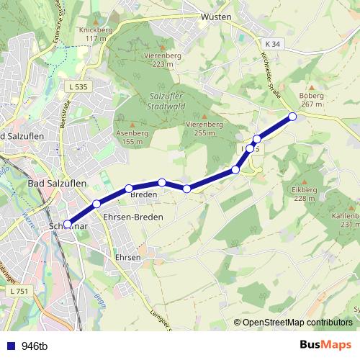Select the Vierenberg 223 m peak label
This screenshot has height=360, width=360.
coord(163,60)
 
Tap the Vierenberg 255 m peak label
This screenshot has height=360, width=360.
coord(204,128)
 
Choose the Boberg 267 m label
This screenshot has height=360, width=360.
coord(311,99)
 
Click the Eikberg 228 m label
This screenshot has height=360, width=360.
coord(305,194)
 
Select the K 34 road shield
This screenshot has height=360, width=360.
coord(271,45)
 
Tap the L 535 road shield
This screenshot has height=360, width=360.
coord(80,87)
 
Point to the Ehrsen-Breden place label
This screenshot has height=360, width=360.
coord(133,217)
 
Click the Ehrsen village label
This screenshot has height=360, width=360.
coord(127,256)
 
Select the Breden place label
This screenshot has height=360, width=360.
coord(143,195)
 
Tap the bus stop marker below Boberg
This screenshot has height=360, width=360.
coord(292,116)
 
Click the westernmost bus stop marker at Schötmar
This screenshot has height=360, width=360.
coord(67,224)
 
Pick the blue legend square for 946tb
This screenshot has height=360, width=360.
coord(10,346)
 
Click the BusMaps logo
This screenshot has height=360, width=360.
coord(325,345)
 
